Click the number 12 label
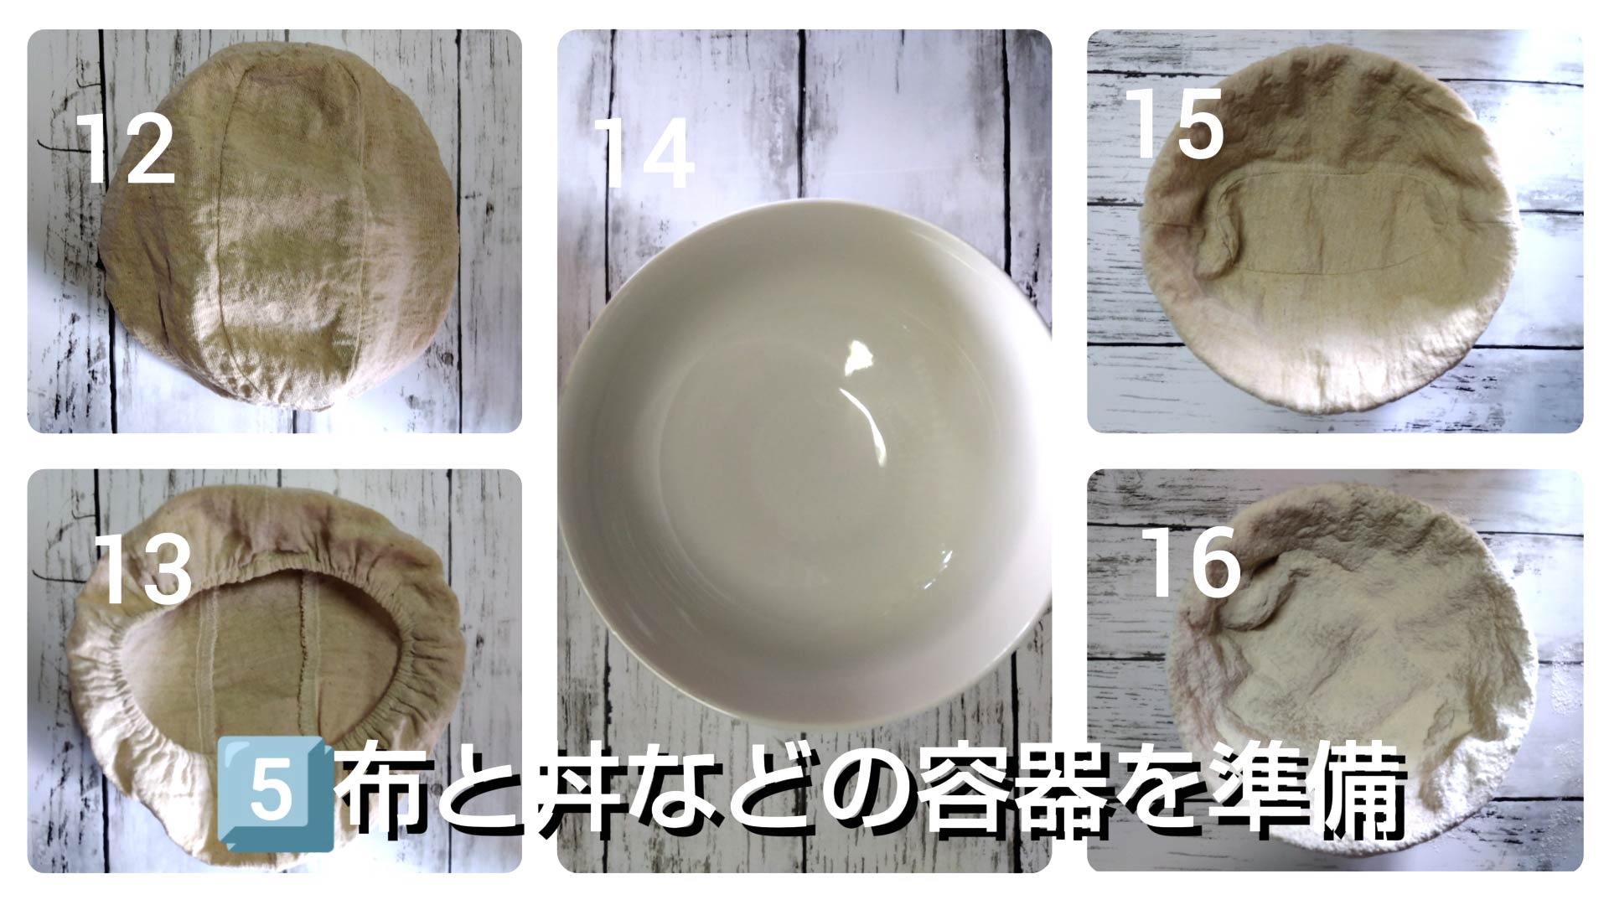pyautogui.click(x=127, y=150)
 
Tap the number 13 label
pyautogui.click(x=143, y=569)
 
